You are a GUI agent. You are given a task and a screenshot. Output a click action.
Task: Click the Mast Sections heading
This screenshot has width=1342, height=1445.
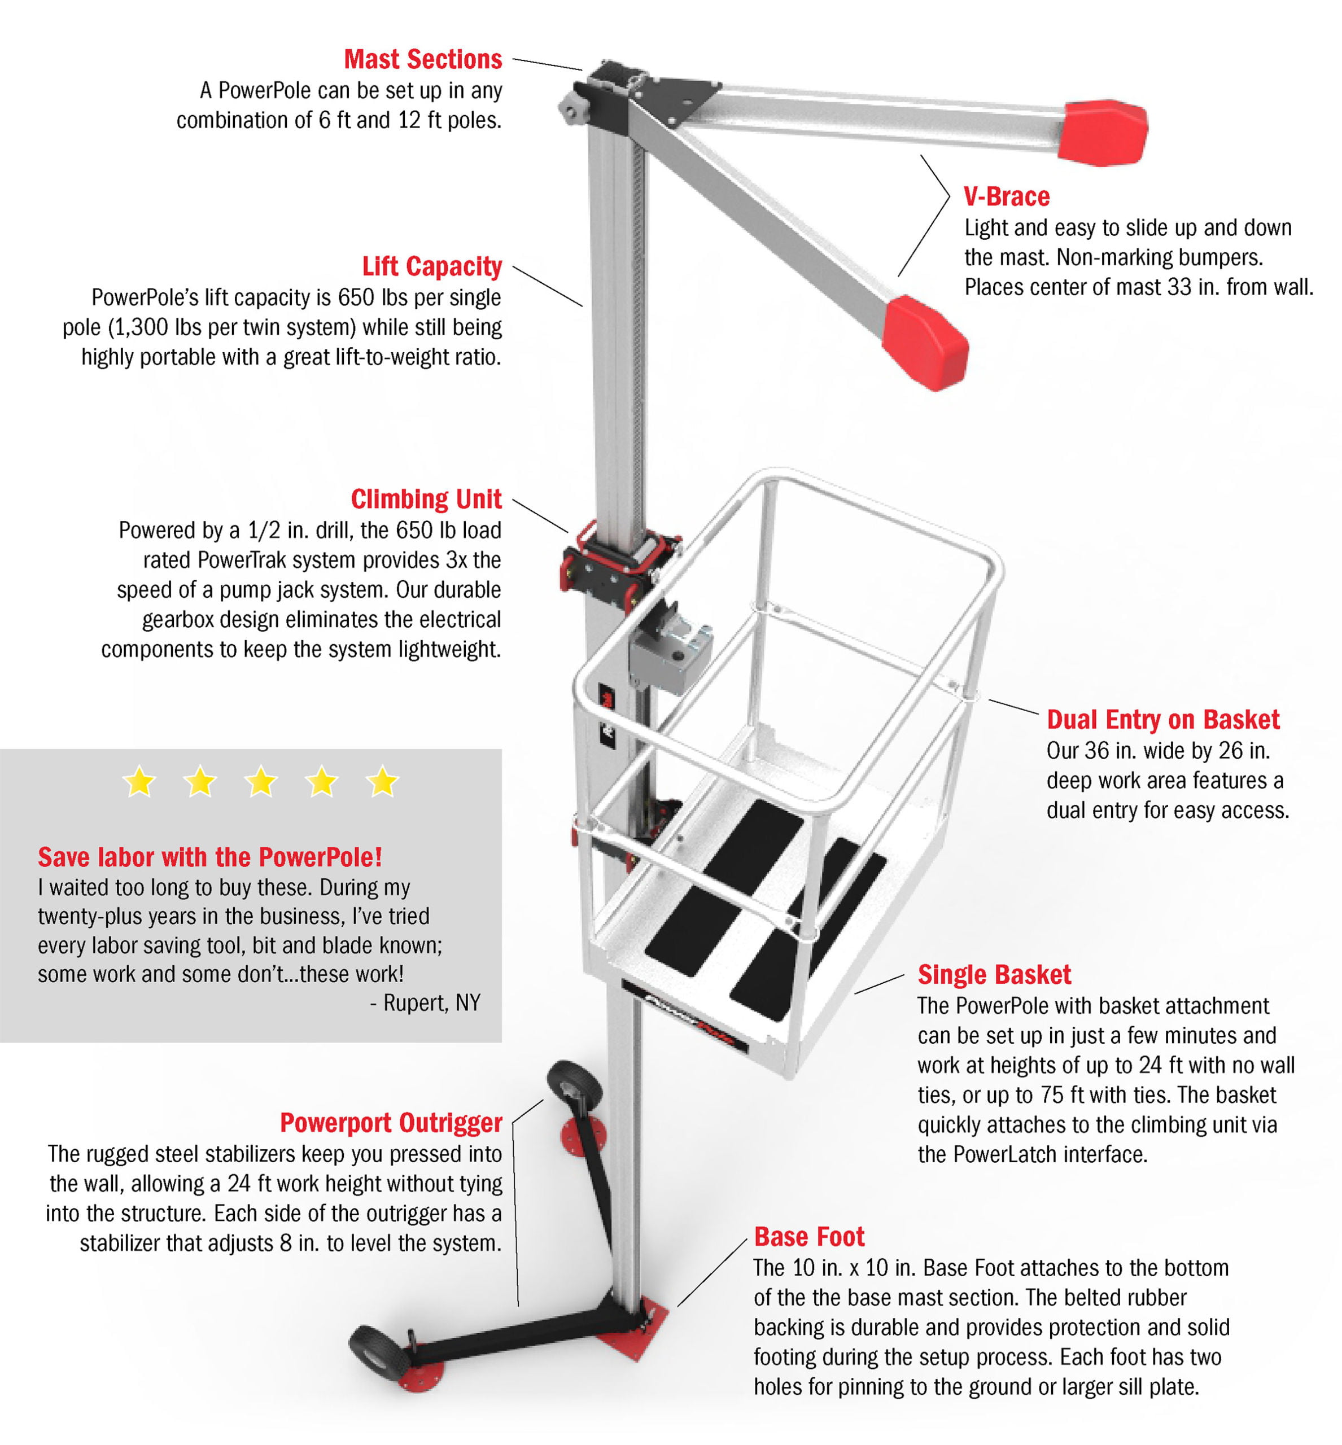[x=423, y=59]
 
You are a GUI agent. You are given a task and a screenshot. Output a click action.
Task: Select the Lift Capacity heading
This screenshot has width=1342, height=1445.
[x=431, y=266]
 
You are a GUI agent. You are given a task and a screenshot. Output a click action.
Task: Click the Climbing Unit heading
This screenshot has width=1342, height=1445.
[x=426, y=500]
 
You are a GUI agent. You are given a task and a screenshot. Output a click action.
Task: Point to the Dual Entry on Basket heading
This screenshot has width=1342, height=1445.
[x=1162, y=720]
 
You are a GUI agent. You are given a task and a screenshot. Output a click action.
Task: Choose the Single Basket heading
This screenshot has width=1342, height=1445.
[x=994, y=974]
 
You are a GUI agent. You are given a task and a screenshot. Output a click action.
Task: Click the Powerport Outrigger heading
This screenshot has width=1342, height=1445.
[x=391, y=1123]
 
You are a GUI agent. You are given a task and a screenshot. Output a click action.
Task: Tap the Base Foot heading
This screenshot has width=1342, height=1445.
[x=808, y=1237]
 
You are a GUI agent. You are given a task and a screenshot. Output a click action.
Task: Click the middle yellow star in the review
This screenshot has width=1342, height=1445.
[x=261, y=782]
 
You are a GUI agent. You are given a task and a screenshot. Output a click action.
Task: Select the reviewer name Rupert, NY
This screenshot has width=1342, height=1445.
[x=431, y=1003]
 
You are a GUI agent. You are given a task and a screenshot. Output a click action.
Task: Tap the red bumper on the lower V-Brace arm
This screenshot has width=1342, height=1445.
[x=928, y=342]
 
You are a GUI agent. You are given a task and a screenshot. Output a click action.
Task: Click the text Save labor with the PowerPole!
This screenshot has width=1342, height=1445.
[x=210, y=857]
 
